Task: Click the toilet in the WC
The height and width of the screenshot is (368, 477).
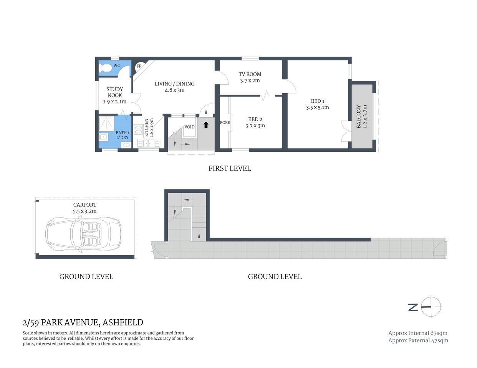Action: (x=105, y=68)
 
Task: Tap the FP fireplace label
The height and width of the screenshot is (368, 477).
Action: (x=139, y=66)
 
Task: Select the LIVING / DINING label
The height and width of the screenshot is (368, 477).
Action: (x=174, y=84)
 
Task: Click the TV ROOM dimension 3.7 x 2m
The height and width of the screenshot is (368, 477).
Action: (x=250, y=80)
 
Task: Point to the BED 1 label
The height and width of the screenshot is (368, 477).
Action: (x=317, y=101)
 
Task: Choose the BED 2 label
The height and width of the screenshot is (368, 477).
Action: (x=255, y=119)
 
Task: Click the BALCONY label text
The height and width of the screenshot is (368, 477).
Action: (x=359, y=117)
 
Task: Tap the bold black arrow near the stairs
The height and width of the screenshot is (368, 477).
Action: (x=206, y=124)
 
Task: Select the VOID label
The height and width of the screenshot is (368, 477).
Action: (x=189, y=127)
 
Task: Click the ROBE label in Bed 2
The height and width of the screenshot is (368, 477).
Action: (x=225, y=123)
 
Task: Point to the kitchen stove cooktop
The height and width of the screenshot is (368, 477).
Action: (x=138, y=130)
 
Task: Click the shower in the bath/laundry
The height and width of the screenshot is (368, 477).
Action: (x=106, y=123)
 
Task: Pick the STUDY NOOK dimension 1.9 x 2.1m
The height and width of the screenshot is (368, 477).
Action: (x=114, y=102)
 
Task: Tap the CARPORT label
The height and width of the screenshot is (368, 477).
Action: (x=85, y=205)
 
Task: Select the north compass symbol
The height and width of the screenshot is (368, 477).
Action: (x=431, y=307)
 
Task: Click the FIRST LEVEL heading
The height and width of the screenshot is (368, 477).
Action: (x=229, y=168)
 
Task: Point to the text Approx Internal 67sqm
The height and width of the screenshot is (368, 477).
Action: (x=417, y=333)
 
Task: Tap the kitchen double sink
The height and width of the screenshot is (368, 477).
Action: (x=149, y=143)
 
